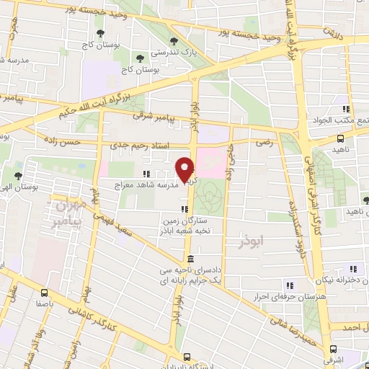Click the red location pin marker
tap(185, 169)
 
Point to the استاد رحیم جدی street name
tap(140, 146)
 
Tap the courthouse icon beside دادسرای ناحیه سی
tap(189, 259)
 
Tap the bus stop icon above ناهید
tap(340, 139)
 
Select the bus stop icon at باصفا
tap(45, 293)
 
